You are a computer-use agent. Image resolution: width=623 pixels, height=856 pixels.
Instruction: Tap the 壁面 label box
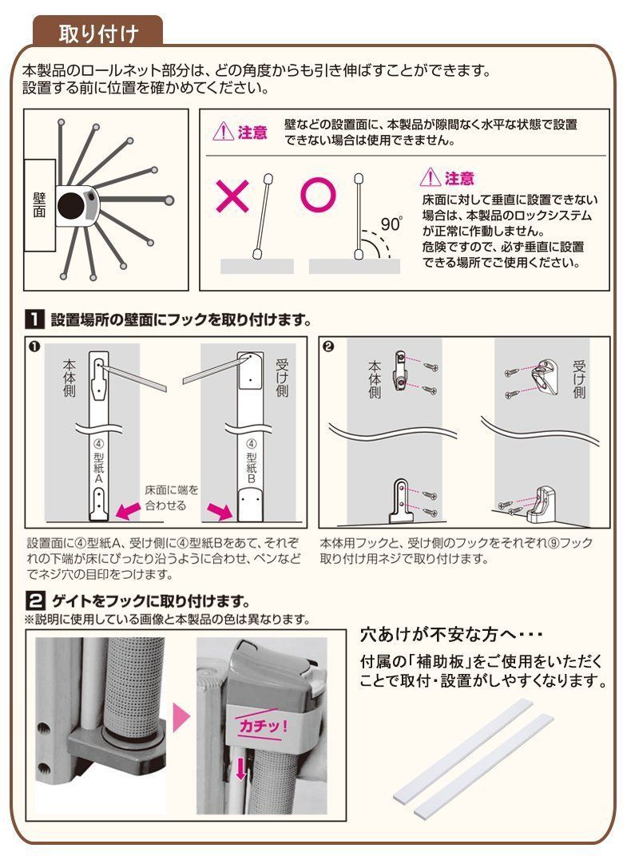click(x=39, y=205)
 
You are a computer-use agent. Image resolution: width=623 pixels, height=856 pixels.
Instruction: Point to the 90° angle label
click(x=391, y=224)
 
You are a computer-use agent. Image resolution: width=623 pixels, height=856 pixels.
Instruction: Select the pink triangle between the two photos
click(x=181, y=716)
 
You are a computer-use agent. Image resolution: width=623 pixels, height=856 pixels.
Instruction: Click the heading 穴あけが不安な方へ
click(x=451, y=636)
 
